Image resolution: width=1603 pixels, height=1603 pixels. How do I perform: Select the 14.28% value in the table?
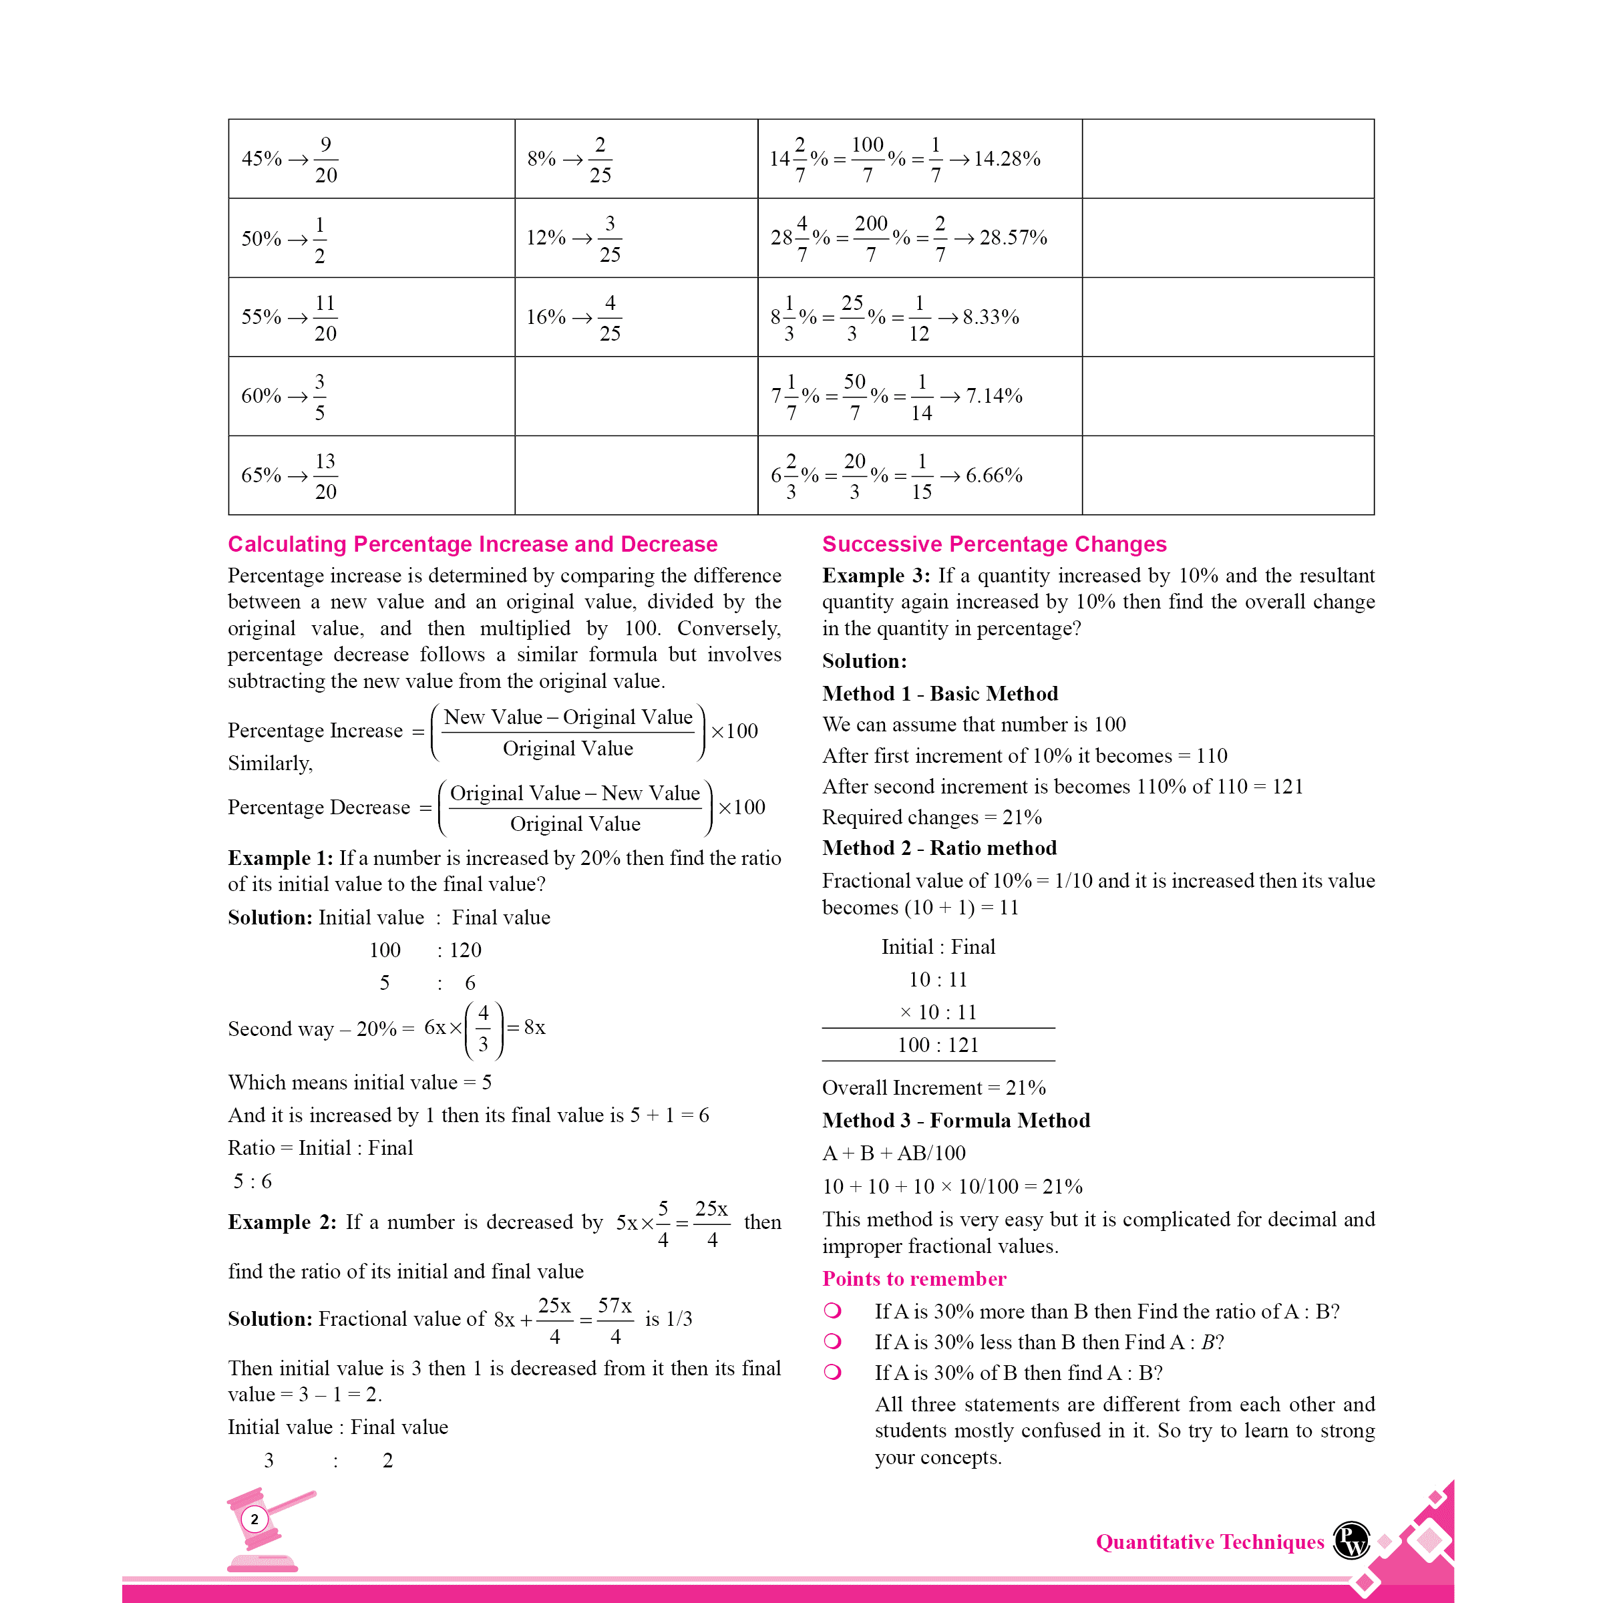click(1007, 158)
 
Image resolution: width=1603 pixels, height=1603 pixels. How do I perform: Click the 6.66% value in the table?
click(993, 476)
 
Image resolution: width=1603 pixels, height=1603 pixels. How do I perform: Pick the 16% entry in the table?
click(546, 317)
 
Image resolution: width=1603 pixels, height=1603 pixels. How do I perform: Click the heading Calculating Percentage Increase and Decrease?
click(472, 544)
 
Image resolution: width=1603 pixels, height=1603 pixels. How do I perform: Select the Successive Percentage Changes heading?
click(994, 544)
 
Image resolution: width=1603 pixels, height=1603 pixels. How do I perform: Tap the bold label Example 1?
click(281, 858)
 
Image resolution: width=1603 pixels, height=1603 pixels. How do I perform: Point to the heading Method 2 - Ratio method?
click(939, 848)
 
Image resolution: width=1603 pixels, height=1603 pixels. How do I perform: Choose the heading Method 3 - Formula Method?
click(956, 1120)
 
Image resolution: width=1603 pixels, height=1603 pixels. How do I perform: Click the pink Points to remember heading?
click(914, 1278)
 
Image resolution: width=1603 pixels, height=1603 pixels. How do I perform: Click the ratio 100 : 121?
click(938, 1045)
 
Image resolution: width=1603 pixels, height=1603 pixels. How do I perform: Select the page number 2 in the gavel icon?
click(254, 1520)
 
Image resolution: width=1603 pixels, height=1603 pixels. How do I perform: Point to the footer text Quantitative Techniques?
click(1210, 1542)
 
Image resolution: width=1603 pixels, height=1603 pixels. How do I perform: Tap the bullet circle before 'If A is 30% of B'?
click(832, 1373)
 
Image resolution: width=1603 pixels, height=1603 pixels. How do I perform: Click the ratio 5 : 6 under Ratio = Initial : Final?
click(252, 1181)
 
